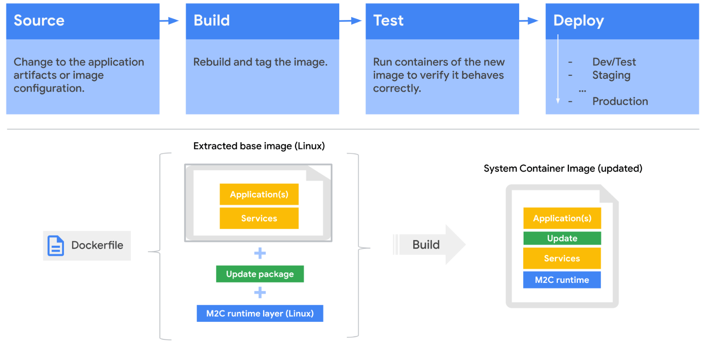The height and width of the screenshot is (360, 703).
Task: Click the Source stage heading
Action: tap(39, 21)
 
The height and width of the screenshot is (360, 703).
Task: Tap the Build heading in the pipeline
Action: tap(211, 21)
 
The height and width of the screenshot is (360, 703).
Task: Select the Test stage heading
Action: tap(388, 21)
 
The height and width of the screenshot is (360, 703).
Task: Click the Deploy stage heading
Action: tap(578, 21)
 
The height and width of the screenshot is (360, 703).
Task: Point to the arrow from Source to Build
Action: tap(170, 21)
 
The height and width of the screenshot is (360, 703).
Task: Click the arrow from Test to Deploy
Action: tap(529, 21)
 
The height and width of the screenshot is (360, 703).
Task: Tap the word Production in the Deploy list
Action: tap(620, 101)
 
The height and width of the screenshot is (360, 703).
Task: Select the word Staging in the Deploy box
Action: tap(611, 75)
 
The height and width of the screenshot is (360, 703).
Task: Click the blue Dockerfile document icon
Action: tap(56, 246)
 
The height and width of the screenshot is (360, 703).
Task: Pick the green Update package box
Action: tap(260, 274)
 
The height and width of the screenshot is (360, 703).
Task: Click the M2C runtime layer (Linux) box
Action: tap(260, 314)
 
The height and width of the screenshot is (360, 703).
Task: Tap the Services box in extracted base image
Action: tap(259, 218)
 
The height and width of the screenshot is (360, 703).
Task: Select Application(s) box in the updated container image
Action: tap(562, 218)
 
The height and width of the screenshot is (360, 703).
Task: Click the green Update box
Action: tap(562, 238)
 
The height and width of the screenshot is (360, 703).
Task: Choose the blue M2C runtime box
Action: tap(562, 280)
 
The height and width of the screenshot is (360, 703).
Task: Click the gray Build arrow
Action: tap(429, 245)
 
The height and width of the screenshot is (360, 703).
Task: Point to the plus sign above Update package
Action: tap(260, 253)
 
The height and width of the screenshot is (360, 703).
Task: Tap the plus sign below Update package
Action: tap(260, 293)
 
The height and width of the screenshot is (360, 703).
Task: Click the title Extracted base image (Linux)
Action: tap(259, 146)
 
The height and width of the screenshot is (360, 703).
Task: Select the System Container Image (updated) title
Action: tap(562, 169)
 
